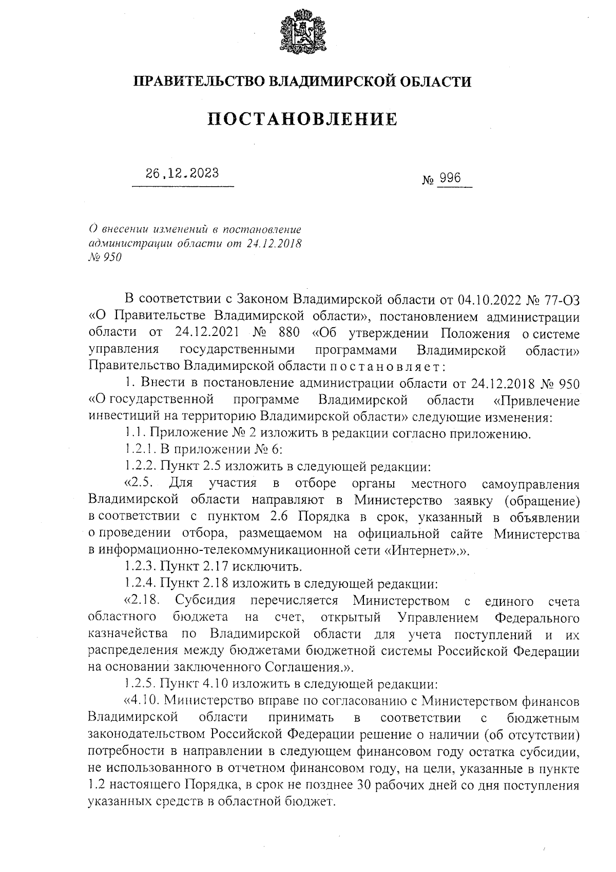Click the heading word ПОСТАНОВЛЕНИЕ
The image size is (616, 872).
(303, 120)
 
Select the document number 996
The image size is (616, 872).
(450, 179)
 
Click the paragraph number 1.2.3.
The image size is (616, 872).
(141, 567)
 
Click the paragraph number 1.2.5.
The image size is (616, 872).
(141, 684)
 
